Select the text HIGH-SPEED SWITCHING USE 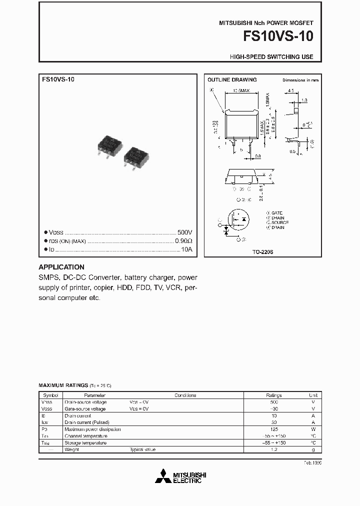[x=271, y=57]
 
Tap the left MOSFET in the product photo [x=109, y=144]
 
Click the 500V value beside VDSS [x=184, y=233]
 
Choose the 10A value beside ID [x=186, y=249]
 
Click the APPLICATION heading [x=61, y=267]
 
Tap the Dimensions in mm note [x=300, y=80]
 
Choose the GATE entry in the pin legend [x=276, y=212]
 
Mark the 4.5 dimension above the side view [x=290, y=91]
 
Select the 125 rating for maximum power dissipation [x=273, y=429]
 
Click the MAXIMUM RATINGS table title [x=63, y=385]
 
